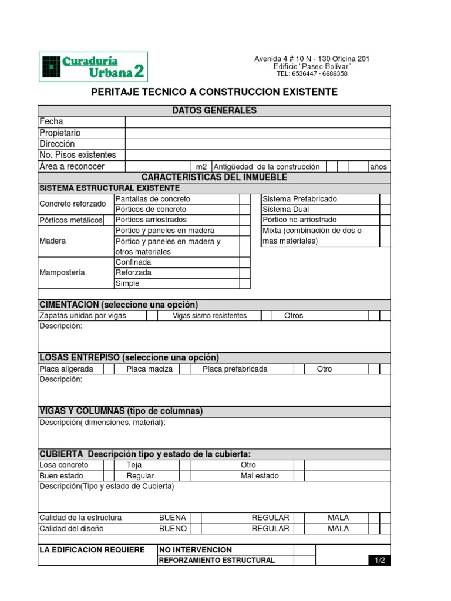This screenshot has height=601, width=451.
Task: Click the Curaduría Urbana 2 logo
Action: coord(93,66)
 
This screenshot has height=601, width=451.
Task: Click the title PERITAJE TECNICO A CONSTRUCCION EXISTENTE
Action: coord(214,92)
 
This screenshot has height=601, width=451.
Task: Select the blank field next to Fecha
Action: coord(257,121)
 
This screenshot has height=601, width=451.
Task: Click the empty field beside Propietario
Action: coord(257,133)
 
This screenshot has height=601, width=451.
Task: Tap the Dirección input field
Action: coord(257,144)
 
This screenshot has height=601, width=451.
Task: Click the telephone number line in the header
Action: coord(312,74)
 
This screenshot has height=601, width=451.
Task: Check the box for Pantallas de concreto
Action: coord(244,199)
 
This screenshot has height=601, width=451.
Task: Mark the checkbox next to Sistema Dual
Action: coord(385,210)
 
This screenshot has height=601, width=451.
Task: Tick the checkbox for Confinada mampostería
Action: coord(244,262)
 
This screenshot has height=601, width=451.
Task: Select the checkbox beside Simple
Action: coord(244,283)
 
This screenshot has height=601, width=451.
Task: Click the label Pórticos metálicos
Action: coord(70,220)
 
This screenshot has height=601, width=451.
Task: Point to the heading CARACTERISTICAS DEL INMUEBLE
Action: coord(214,177)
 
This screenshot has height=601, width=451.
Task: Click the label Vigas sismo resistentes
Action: coord(210,316)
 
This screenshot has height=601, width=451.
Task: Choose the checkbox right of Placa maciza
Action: coord(184,369)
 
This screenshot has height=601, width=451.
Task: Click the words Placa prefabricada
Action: coord(235,369)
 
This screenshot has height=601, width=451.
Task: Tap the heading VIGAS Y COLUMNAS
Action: coord(120,411)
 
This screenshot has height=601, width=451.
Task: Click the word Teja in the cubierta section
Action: coord(134,465)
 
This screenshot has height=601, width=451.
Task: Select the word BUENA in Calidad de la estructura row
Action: coord(173,518)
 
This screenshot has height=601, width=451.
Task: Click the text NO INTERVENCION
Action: coord(196,550)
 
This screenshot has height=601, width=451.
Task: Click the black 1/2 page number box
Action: coord(379,561)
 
